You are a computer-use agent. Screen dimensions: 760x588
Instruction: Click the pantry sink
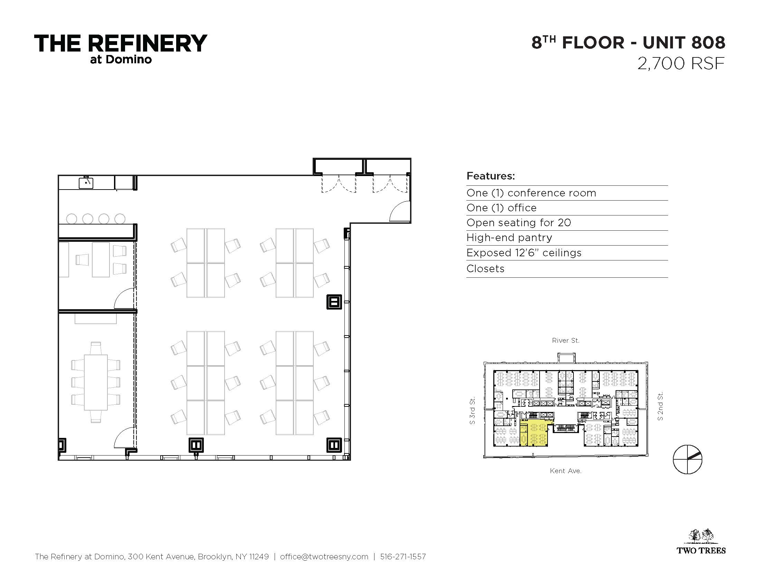click(86, 183)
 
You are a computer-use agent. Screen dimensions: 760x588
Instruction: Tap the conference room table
click(96, 382)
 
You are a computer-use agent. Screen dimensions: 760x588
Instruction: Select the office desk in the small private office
click(101, 260)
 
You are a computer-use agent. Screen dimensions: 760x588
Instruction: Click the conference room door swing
click(124, 438)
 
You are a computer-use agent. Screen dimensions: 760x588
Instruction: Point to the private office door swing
click(124, 298)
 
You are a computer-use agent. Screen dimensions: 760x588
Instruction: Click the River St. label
click(566, 340)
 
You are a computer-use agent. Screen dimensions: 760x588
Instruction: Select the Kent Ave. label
click(566, 471)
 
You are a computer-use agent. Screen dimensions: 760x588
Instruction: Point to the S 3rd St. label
click(472, 411)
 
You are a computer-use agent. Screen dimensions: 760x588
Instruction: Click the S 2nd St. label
click(660, 406)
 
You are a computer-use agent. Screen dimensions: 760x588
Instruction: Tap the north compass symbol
click(687, 459)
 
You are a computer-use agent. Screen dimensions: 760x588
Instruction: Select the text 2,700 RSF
click(681, 64)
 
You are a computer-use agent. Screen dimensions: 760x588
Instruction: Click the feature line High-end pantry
click(509, 238)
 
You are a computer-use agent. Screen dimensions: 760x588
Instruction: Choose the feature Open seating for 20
click(519, 223)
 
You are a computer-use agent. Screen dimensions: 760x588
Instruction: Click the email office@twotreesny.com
click(324, 557)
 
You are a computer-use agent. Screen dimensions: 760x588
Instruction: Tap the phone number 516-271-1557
click(403, 557)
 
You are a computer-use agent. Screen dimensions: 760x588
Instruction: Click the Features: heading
click(491, 176)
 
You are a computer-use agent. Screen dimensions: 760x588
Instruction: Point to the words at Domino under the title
click(121, 59)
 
